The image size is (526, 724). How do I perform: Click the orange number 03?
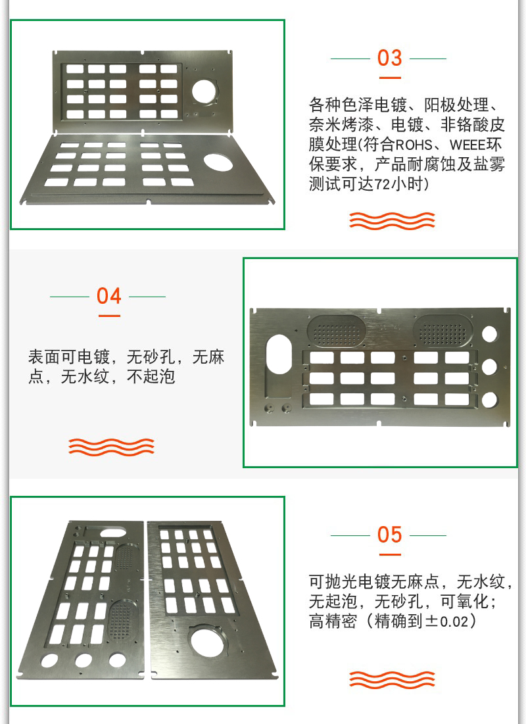point(389,58)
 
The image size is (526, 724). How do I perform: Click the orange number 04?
point(109,296)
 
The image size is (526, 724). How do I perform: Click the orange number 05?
point(389,535)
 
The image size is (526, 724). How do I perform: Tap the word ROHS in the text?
point(414,145)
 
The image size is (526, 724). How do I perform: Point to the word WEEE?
point(467,145)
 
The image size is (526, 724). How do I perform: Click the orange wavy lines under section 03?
point(392,221)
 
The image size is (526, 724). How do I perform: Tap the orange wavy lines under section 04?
point(111,447)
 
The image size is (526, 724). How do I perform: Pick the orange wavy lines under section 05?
point(392,680)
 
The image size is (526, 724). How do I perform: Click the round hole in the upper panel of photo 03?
point(204,91)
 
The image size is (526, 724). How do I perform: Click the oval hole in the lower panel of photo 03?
point(218,162)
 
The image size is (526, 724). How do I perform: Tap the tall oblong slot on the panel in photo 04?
point(279,354)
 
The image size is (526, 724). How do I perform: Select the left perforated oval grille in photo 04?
point(337,331)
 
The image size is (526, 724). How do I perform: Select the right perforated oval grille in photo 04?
point(443,331)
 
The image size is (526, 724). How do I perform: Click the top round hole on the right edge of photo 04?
point(490,334)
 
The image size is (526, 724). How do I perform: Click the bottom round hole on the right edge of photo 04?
point(490,400)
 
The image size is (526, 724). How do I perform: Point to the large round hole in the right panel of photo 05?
point(207,642)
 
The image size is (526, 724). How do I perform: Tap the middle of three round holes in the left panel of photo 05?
point(83,660)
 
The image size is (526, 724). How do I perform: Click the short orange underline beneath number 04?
point(109,316)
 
